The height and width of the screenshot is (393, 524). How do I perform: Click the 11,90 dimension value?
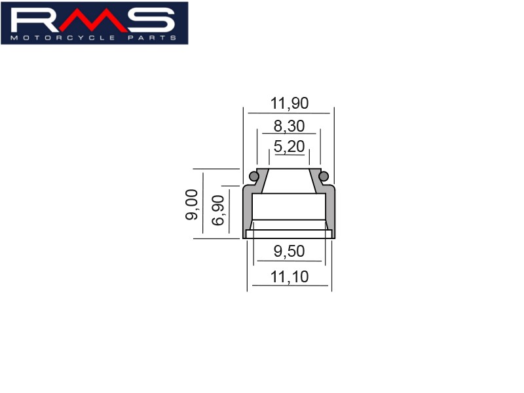pos(290,103)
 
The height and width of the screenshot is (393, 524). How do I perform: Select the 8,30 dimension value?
pos(290,126)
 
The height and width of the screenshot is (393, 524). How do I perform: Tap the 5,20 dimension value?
pos(290,146)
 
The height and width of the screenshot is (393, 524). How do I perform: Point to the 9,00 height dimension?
pos(192,204)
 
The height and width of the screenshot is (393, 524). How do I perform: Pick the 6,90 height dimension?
pos(218,210)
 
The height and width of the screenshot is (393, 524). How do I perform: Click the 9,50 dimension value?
pos(290,251)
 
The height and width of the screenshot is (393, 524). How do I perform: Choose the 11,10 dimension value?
pos(290,276)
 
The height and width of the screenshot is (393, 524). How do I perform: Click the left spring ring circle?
pos(254,176)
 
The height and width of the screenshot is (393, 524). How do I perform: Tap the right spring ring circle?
pos(324,176)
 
